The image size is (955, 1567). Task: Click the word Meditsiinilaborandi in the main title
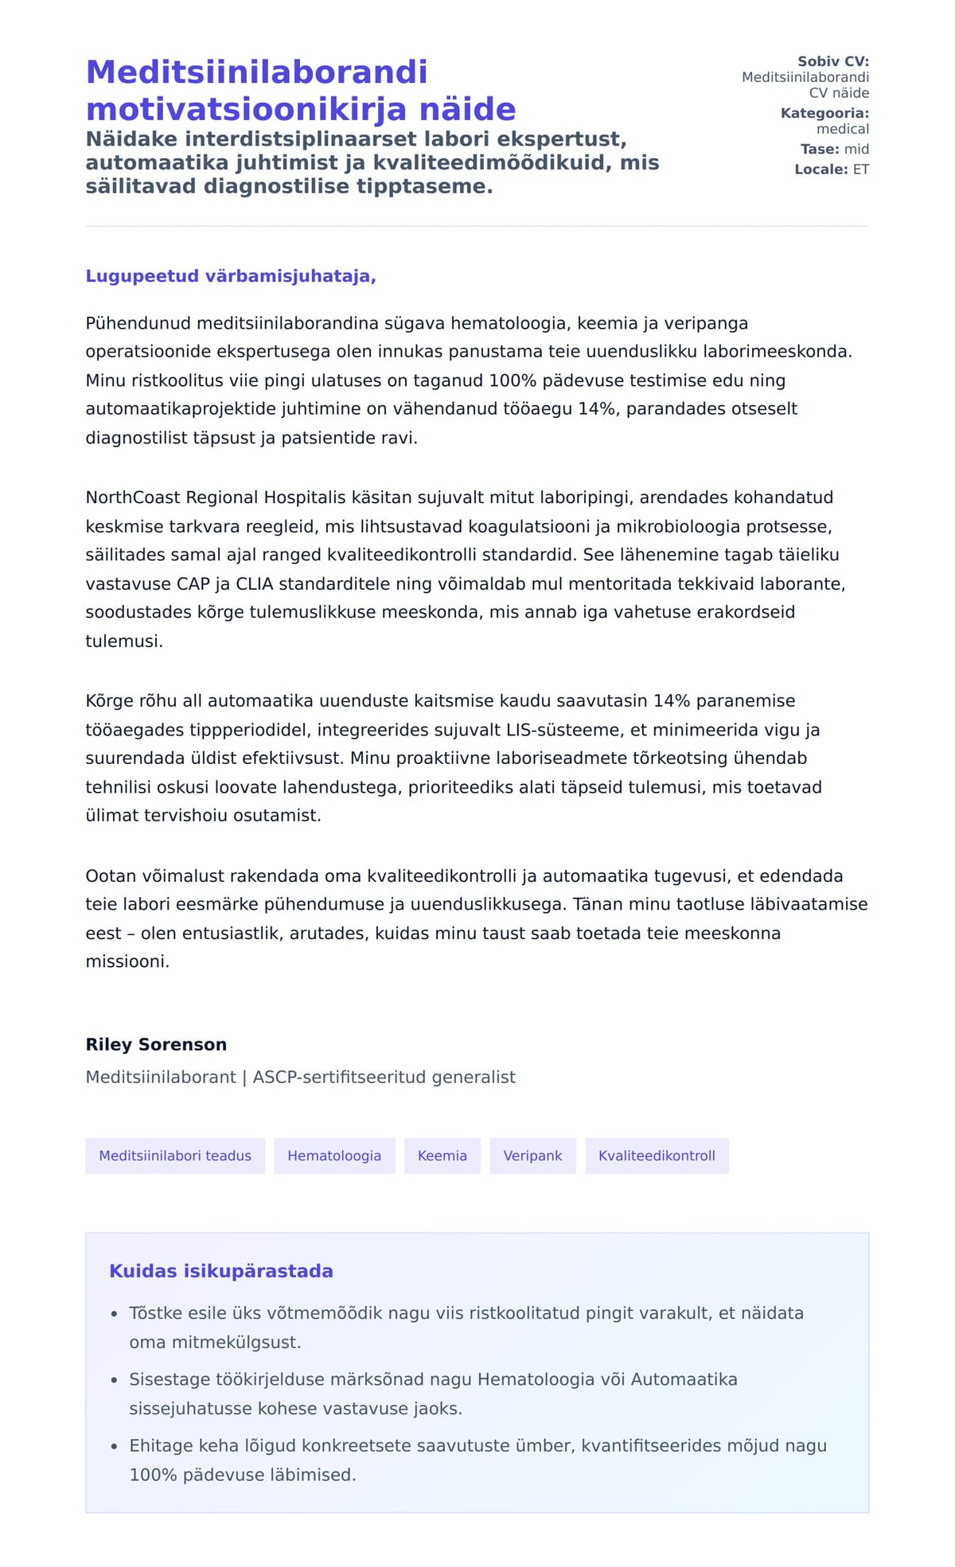256,72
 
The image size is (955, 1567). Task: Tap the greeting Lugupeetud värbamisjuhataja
230,276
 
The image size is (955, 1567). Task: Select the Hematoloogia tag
334,1156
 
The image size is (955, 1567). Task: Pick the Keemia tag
442,1156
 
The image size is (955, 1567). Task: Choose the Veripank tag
532,1156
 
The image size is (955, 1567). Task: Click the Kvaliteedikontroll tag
657,1156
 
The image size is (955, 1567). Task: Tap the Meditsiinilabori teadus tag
175,1156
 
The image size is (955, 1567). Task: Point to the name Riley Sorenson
156,1044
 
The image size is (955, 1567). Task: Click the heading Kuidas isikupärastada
220,1271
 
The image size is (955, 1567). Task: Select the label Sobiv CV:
833,61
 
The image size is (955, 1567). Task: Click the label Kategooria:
824,113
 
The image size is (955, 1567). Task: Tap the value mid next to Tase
856,149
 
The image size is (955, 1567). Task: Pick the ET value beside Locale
861,170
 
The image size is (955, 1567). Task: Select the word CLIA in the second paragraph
254,583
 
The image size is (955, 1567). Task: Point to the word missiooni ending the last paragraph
127,961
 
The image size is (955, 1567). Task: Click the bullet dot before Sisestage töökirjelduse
115,1380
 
